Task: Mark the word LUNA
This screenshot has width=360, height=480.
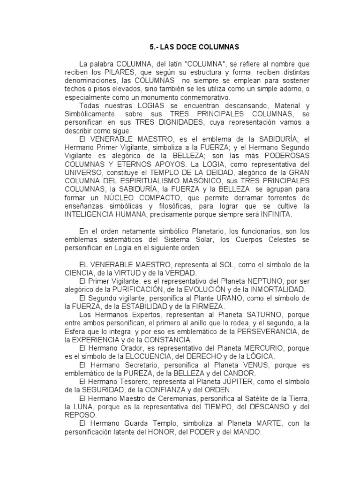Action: (x=90, y=407)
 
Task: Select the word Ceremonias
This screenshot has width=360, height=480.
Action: (x=164, y=398)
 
